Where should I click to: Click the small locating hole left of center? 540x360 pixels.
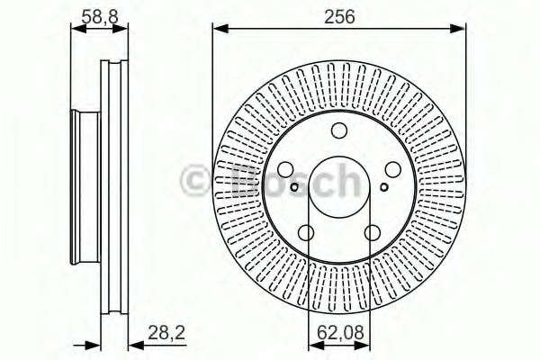(294, 187)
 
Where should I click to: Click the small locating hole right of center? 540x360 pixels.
(384, 187)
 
